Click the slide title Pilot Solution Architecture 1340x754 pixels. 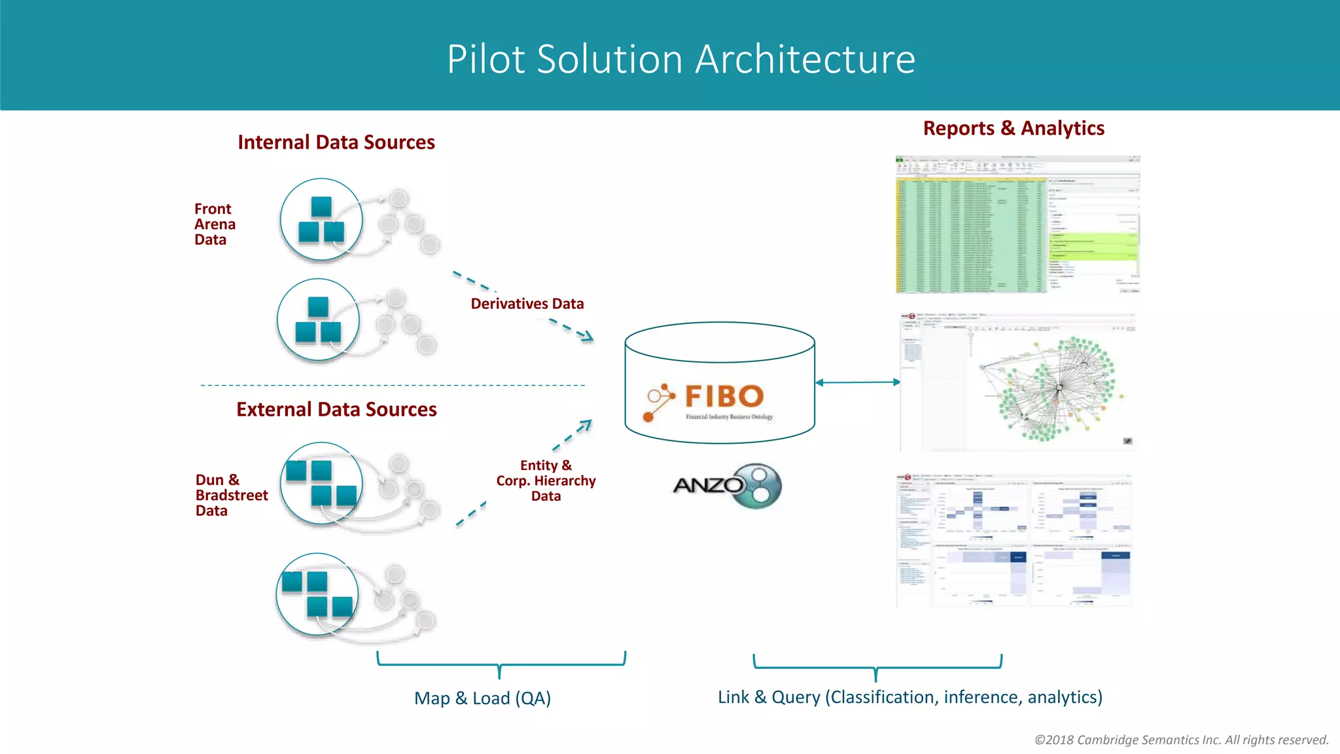tap(680, 59)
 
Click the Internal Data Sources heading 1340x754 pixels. tap(336, 142)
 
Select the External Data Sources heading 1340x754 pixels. tap(336, 409)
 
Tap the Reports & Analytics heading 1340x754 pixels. tap(1014, 128)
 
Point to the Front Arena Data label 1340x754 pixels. tap(214, 224)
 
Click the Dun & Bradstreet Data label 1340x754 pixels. tap(231, 495)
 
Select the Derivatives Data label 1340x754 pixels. tap(527, 304)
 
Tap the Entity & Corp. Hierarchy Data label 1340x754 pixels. tap(546, 480)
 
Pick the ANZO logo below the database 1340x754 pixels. tap(727, 486)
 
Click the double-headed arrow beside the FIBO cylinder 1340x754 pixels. tap(857, 382)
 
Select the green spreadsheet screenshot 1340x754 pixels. tap(1017, 224)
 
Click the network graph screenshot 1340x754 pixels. tap(1018, 382)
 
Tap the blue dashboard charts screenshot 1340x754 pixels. tap(1014, 541)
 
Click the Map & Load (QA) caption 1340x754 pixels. tap(482, 698)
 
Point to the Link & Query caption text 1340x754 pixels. tap(909, 697)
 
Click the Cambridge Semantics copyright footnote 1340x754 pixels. tap(1181, 740)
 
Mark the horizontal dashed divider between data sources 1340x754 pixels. tap(393, 386)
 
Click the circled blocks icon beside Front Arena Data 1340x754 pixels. tap(321, 220)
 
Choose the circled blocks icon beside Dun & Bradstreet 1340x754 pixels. tap(321, 484)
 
